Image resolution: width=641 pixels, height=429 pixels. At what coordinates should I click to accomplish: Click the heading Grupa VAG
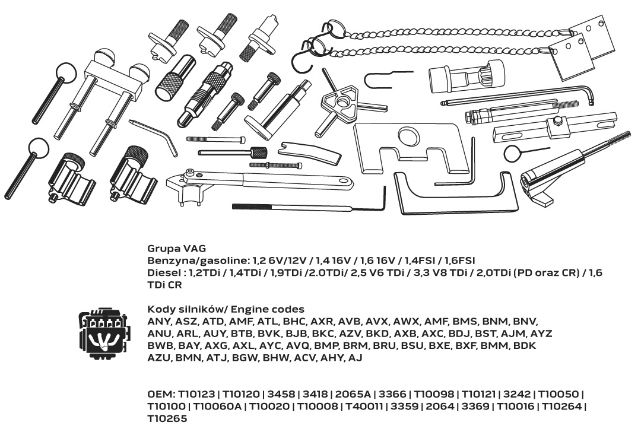(177, 249)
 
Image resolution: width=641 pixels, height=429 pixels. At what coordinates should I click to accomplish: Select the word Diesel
(163, 272)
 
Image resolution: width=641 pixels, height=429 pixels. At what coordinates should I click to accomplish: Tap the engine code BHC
(294, 321)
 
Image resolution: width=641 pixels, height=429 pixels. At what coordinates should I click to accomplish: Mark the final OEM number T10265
(167, 418)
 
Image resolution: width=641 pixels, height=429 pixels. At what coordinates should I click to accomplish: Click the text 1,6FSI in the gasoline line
(460, 260)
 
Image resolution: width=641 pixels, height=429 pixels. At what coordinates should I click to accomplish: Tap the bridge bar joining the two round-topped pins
(113, 81)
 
